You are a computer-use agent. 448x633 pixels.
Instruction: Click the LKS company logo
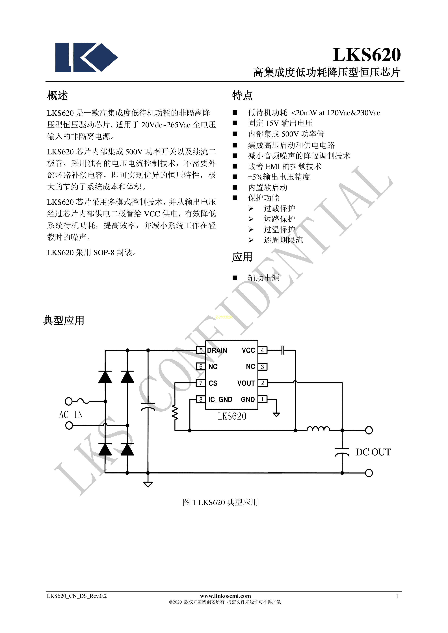coord(86,57)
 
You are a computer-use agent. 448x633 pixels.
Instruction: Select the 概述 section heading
coord(57,96)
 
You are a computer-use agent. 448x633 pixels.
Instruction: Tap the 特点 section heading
coord(242,96)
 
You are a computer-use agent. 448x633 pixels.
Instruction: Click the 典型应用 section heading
coord(64,320)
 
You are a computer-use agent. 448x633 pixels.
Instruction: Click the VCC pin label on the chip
coord(248,350)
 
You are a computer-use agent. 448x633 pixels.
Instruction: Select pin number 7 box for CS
coord(201,383)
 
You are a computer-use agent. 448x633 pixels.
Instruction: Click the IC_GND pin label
coord(220,400)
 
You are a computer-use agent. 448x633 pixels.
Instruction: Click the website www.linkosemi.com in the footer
coord(225,596)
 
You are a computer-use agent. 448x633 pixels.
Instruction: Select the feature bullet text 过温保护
coord(279,229)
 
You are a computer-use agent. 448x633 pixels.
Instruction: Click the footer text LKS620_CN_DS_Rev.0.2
coord(77,596)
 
